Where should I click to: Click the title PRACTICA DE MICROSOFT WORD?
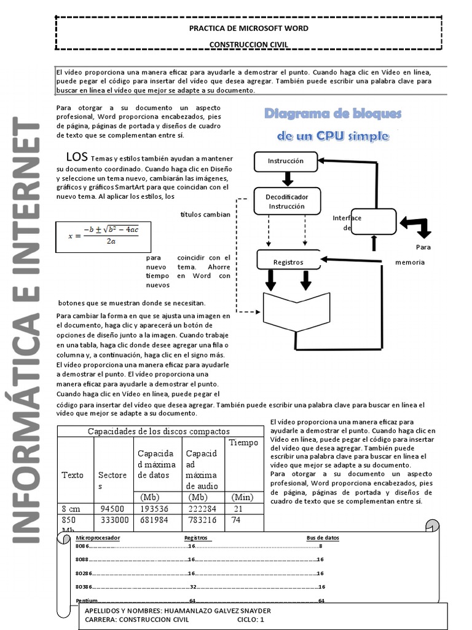248,28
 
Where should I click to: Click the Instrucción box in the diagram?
285,161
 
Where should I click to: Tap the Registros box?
288,262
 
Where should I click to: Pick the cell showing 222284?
202,509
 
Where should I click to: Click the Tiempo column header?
243,443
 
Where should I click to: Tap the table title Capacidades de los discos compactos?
159,431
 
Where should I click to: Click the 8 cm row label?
71,509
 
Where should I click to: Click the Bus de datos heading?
323,538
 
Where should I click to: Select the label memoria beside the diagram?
410,262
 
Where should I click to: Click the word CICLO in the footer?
247,620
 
